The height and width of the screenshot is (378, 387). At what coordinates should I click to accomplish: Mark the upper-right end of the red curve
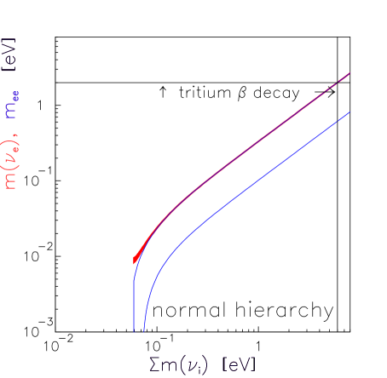point(350,73)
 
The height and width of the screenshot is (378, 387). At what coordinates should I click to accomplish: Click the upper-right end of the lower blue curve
point(350,112)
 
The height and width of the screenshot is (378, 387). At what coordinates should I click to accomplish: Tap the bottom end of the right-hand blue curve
point(143,333)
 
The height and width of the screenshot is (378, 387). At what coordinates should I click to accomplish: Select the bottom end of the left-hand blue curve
point(134,333)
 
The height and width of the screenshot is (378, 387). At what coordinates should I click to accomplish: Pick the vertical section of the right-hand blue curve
point(143,319)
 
